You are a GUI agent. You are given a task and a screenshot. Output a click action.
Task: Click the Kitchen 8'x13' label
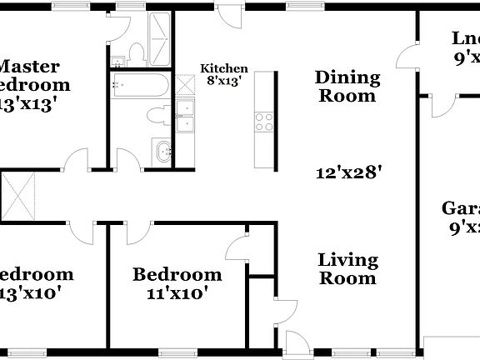(224, 75)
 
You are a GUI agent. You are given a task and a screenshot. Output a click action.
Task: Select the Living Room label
(347, 269)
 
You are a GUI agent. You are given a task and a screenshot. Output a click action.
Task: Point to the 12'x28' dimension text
(349, 173)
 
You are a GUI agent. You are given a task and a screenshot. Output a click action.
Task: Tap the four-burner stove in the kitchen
(265, 122)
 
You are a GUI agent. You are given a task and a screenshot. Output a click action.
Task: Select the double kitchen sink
(184, 117)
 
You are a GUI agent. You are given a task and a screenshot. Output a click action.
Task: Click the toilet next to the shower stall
(137, 52)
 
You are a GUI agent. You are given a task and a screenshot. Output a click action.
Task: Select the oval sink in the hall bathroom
(163, 151)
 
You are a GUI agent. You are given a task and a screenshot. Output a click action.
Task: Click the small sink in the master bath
(118, 59)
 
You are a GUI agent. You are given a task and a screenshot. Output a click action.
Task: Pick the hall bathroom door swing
(127, 159)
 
